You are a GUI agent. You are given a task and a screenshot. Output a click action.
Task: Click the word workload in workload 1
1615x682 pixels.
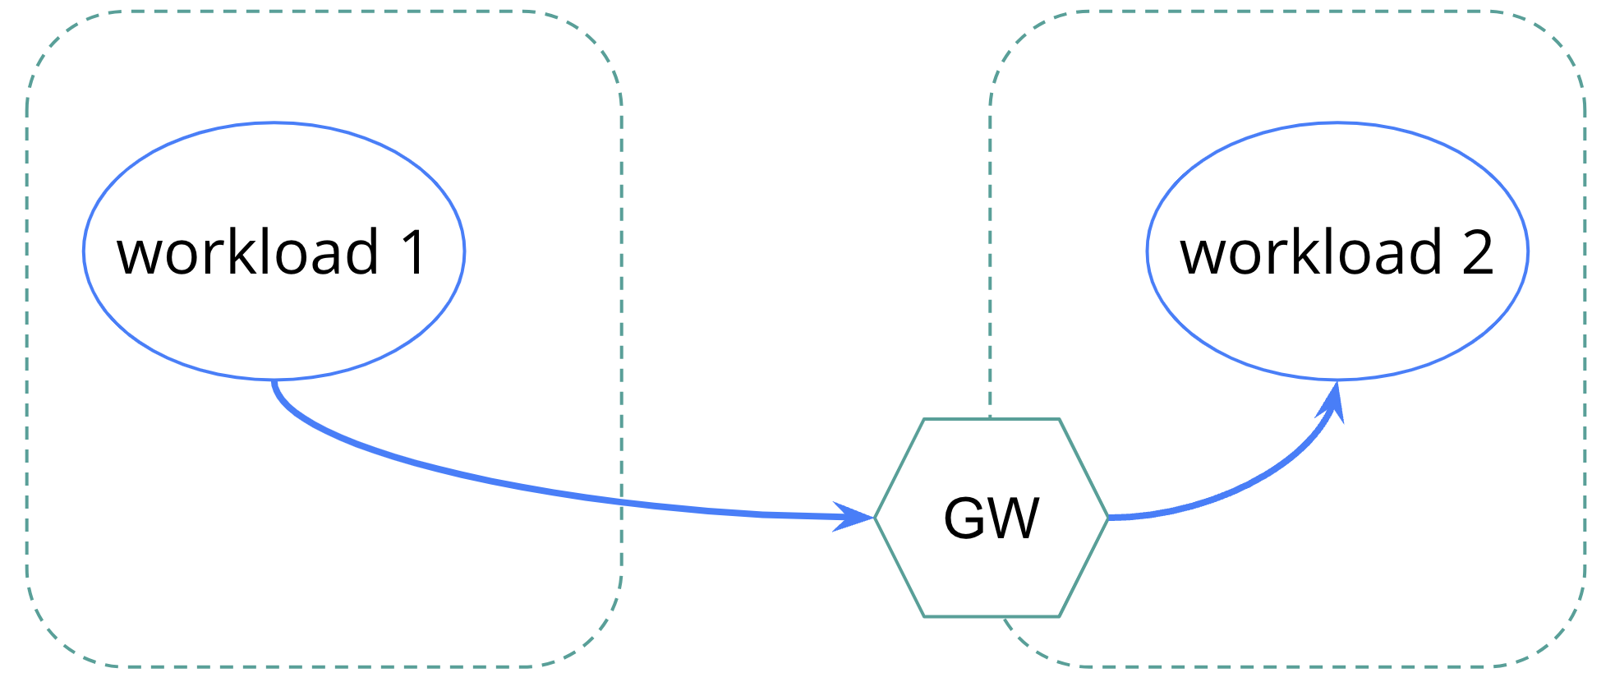[x=247, y=252]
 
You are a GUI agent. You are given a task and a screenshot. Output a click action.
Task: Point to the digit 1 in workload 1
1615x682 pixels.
[x=413, y=252]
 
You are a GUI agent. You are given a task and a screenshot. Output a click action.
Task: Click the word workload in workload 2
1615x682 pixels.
[x=1311, y=252]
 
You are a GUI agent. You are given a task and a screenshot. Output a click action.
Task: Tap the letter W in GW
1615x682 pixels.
[x=1014, y=518]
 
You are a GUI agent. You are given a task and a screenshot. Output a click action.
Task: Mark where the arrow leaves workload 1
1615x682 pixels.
[x=274, y=382]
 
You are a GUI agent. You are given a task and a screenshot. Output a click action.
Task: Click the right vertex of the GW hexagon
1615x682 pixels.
[x=1107, y=518]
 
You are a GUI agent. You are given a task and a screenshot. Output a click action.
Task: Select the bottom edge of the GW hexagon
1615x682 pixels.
[x=992, y=616]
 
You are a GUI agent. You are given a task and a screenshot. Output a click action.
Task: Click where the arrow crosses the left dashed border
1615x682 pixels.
[x=622, y=502]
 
